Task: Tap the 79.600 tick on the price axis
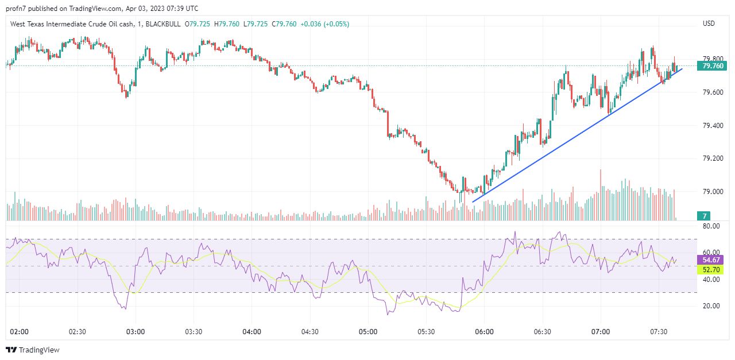(712, 92)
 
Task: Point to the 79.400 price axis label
(712, 125)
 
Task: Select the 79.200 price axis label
(712, 158)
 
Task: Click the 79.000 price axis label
(712, 191)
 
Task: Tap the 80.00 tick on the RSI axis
(711, 226)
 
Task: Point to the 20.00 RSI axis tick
(711, 306)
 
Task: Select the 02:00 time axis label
(20, 332)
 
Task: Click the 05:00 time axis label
(368, 332)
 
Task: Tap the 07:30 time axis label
(659, 332)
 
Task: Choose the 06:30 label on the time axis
(543, 332)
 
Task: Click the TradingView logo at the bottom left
(33, 350)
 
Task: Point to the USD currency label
(709, 24)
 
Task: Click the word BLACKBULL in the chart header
(163, 24)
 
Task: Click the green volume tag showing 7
(703, 216)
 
